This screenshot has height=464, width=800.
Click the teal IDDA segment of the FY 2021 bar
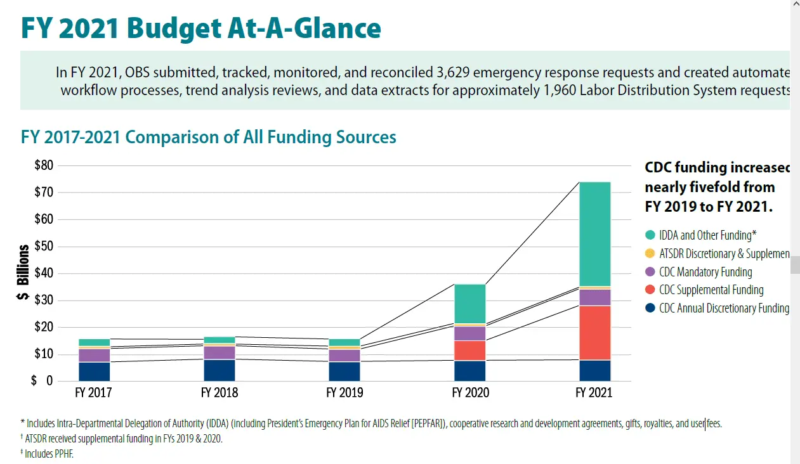click(x=594, y=234)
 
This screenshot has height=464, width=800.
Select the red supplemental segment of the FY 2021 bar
click(x=594, y=333)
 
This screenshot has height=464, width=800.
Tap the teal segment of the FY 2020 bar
click(x=469, y=304)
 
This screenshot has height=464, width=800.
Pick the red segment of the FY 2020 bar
click(x=469, y=351)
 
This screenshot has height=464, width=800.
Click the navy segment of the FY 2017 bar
click(x=94, y=371)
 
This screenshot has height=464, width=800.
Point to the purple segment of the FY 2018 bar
click(x=220, y=352)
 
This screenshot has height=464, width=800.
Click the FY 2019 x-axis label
click(x=344, y=393)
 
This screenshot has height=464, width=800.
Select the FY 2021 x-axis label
click(x=594, y=393)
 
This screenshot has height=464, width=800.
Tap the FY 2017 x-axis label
click(x=93, y=393)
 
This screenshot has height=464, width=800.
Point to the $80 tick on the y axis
click(x=44, y=165)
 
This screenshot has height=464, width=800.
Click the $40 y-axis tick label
click(x=44, y=273)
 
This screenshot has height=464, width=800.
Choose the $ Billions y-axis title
click(x=24, y=273)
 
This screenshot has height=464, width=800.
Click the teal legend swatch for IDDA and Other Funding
click(x=650, y=235)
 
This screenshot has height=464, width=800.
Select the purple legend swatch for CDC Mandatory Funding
click(x=650, y=272)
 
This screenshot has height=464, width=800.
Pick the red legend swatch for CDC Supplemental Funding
click(x=650, y=290)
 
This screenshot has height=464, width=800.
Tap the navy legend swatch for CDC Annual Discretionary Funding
click(x=650, y=309)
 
